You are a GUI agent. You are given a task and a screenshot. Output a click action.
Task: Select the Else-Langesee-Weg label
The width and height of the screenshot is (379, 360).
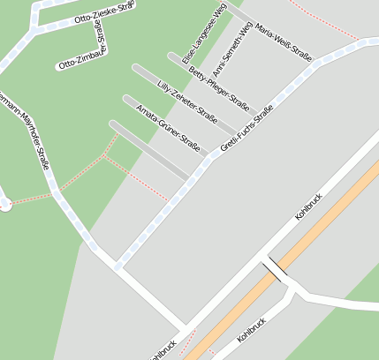[204, 33]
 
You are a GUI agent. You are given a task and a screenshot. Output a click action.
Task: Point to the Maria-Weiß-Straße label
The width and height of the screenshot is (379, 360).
[283, 43]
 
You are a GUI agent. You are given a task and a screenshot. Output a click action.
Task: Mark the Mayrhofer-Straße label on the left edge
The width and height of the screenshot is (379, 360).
[27, 124]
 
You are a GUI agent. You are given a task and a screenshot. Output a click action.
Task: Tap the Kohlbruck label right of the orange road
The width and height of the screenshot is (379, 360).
[252, 329]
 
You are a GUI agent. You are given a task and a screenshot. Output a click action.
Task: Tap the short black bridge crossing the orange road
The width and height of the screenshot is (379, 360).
[273, 270]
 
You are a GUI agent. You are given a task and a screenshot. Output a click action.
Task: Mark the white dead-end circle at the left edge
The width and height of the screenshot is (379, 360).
[4, 204]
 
